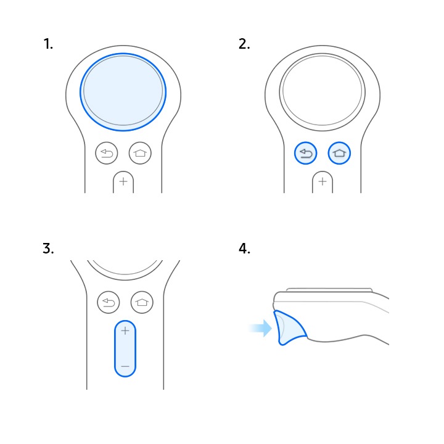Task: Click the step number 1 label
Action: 48,44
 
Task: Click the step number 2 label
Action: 244,44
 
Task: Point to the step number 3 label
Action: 48,249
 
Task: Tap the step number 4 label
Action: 244,249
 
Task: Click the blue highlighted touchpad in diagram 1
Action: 123,92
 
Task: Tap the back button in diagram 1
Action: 107,153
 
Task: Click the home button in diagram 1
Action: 140,153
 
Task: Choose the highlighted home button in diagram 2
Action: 339,153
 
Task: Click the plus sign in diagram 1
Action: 123,181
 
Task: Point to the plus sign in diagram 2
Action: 323,181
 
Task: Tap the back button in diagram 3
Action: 108,302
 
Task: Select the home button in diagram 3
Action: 142,302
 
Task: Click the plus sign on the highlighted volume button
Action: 125,331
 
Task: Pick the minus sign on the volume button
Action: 125,366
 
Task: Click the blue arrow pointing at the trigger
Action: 260,329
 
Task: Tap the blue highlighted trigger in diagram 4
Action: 289,329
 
